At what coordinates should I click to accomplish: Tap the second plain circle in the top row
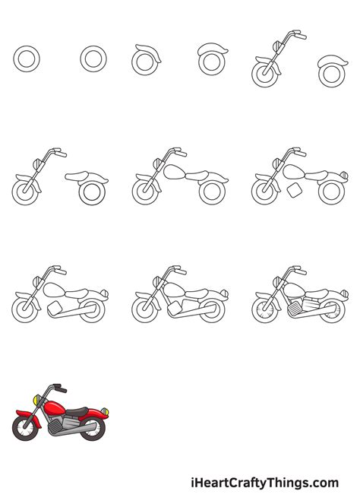coord(93,58)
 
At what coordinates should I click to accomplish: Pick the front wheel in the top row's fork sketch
coord(263,73)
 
